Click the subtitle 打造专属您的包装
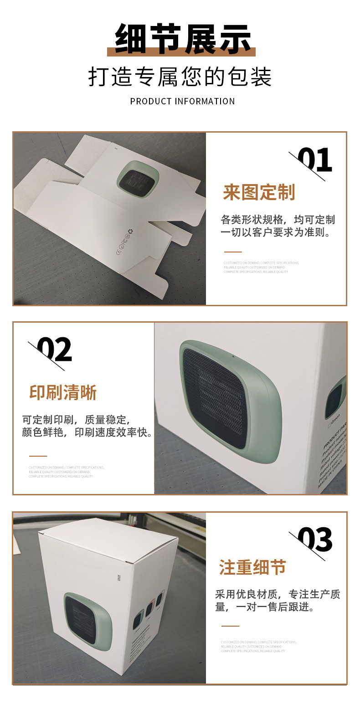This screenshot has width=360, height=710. (x=180, y=77)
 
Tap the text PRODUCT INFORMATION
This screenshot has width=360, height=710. (x=182, y=101)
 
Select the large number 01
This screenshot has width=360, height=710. (x=315, y=160)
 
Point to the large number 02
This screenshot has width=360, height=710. (x=54, y=350)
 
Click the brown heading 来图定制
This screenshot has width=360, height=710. (x=259, y=193)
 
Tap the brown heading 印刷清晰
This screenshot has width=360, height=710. (x=63, y=392)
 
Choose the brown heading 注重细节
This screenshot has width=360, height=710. (x=252, y=568)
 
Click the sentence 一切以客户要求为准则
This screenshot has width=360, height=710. (x=275, y=232)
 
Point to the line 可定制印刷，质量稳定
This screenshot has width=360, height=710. (x=76, y=419)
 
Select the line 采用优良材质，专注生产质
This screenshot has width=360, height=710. (x=278, y=594)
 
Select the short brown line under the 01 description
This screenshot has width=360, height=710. (x=232, y=252)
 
